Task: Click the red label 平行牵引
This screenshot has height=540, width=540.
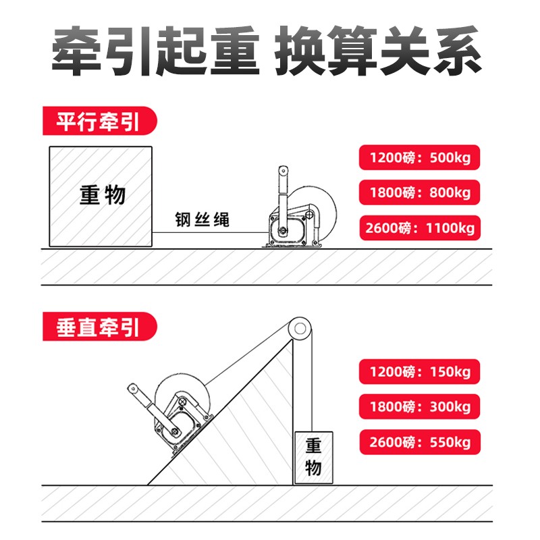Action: [98, 123]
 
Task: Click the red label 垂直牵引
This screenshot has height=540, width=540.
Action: [98, 327]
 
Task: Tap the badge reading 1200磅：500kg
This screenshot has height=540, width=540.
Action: [419, 159]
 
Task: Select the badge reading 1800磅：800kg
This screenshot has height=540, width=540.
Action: [419, 193]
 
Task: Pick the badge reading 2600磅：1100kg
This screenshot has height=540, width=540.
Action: [419, 227]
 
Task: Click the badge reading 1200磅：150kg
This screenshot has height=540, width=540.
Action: [419, 371]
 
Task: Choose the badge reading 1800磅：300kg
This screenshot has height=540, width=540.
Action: [419, 407]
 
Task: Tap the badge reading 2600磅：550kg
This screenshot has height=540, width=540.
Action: [419, 443]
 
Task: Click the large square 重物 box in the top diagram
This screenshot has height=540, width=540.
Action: [102, 196]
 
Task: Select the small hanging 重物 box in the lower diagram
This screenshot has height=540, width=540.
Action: [313, 456]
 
